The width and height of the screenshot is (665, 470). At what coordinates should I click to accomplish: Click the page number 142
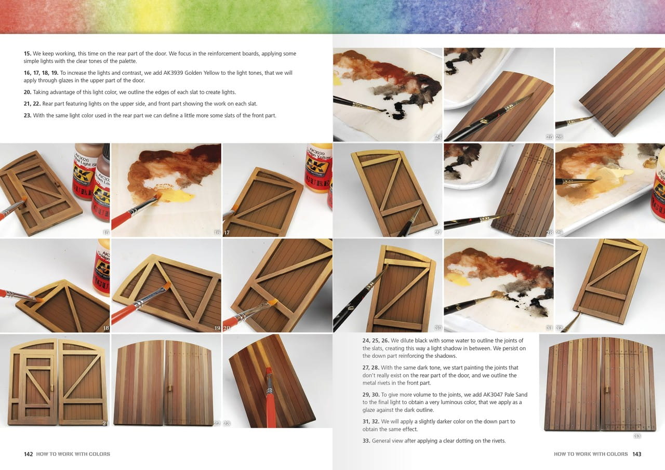coord(28,454)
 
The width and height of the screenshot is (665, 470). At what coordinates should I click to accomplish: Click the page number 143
coord(637,454)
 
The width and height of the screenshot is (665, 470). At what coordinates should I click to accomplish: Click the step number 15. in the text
coord(28,53)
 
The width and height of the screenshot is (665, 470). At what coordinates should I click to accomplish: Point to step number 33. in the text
coord(366,441)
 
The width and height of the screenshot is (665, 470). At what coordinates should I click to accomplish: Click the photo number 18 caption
coord(105,328)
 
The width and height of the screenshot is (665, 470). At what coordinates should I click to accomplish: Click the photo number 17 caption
coord(227,233)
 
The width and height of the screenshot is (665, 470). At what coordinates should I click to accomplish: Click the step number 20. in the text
coord(28,92)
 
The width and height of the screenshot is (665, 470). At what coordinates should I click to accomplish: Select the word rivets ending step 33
coord(497,441)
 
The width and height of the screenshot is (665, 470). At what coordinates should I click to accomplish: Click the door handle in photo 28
coord(510,191)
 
